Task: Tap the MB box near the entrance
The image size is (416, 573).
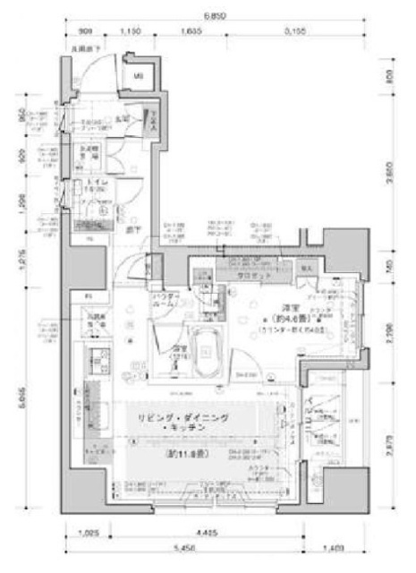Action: click(139, 76)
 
